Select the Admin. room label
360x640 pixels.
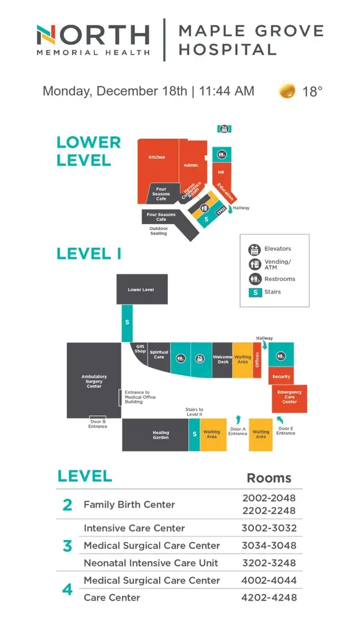[191, 165]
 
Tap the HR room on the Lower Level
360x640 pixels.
[221, 173]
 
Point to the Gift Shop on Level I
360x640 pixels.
[140, 349]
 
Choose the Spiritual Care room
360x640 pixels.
[159, 355]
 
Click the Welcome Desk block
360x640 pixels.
[222, 360]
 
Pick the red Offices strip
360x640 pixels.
[257, 360]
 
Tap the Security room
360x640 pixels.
[281, 376]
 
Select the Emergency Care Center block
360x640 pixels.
[290, 397]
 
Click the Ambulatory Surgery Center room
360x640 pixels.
[94, 380]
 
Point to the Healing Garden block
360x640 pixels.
[161, 435]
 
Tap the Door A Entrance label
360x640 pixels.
[238, 431]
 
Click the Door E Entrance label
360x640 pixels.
[285, 430]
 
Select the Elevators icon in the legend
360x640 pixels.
[254, 249]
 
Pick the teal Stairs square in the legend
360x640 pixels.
[255, 292]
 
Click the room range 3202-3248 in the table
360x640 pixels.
[269, 563]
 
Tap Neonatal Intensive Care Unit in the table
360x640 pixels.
[151, 563]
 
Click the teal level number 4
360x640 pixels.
[67, 589]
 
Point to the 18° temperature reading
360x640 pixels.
[313, 91]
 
